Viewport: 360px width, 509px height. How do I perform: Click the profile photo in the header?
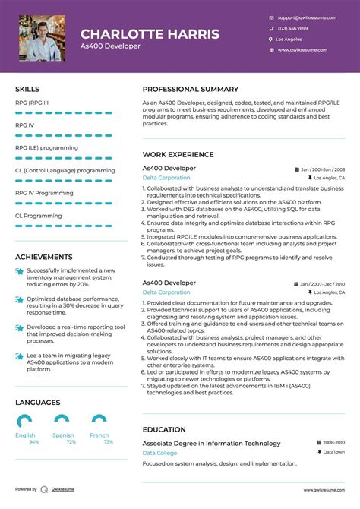[43, 38]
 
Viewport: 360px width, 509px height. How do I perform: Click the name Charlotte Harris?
[150, 34]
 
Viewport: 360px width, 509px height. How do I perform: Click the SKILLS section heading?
[27, 89]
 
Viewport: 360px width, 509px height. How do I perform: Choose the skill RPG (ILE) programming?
[46, 148]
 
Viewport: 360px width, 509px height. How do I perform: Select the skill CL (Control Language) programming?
[65, 171]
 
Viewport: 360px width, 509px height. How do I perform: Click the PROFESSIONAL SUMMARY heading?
[190, 89]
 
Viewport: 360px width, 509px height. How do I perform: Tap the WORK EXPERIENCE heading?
[178, 154]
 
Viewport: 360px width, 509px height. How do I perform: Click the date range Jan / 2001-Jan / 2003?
[322, 169]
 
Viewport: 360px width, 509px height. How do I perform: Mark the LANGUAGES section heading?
[37, 403]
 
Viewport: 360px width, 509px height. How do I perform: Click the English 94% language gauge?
[25, 421]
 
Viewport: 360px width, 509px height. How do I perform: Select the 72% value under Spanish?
[71, 442]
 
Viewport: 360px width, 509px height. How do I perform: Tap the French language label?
[99, 435]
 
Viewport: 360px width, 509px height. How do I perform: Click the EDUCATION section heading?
[164, 429]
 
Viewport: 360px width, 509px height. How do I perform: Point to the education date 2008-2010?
[332, 441]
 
